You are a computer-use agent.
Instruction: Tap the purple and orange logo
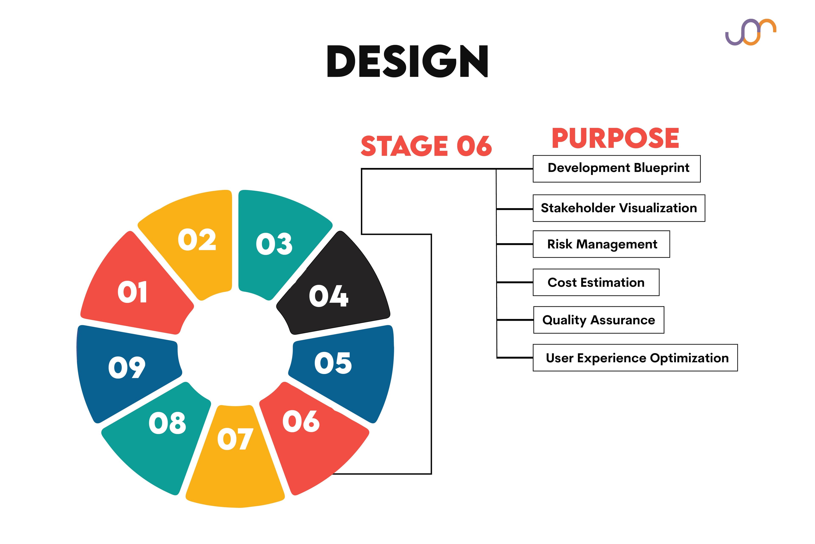pos(750,32)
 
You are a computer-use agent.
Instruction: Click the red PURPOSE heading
pos(615,138)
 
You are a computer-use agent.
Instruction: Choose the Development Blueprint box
pos(616,169)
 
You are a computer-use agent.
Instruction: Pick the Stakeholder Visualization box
pos(619,208)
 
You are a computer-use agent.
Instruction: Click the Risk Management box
pos(601,244)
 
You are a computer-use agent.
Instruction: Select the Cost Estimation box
pos(596,282)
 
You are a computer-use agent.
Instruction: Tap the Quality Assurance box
pos(599,320)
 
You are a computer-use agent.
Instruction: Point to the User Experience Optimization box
pos(635,358)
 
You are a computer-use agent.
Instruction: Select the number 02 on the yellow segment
pos(197,240)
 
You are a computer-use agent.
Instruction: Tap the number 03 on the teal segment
pos(274,244)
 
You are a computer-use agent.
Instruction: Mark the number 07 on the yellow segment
pos(235,439)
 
